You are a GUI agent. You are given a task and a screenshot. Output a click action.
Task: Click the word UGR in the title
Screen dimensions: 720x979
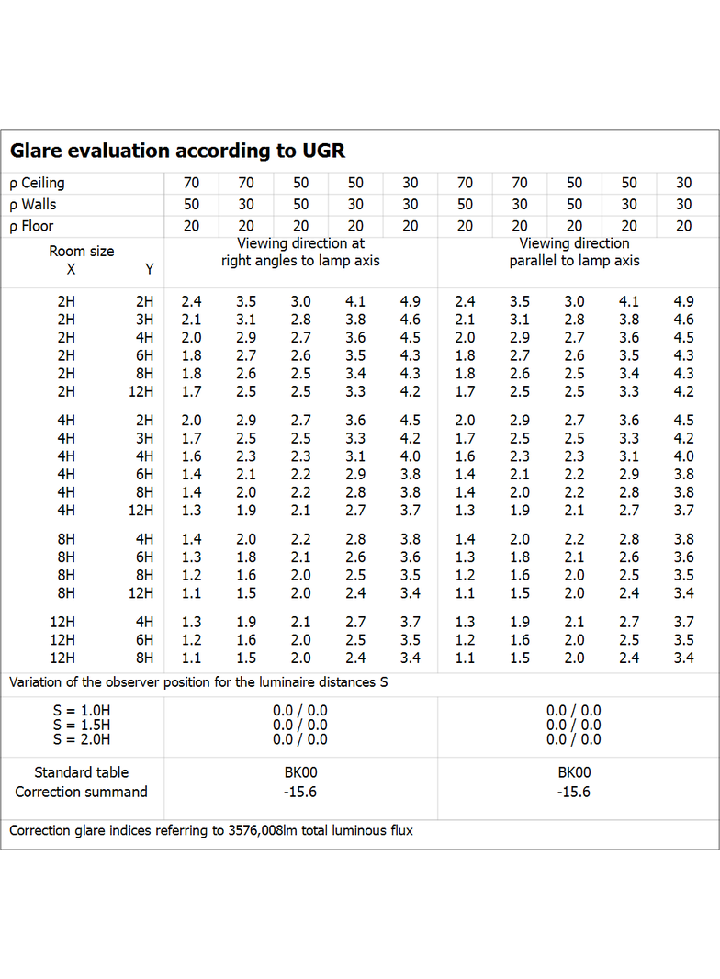(x=323, y=151)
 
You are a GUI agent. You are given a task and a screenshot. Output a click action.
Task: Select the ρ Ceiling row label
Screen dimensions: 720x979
(x=37, y=183)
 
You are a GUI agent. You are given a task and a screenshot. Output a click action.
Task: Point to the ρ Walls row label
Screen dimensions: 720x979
(x=32, y=204)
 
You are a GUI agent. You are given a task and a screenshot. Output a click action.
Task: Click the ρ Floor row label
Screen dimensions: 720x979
(x=31, y=226)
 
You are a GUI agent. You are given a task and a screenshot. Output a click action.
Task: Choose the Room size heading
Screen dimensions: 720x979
(x=82, y=251)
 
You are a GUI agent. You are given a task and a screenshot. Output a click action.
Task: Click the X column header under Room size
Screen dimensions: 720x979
(x=71, y=269)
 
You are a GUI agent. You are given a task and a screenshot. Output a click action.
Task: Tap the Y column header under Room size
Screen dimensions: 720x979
(x=150, y=269)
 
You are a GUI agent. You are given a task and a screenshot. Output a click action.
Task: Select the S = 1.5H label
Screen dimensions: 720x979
(x=82, y=725)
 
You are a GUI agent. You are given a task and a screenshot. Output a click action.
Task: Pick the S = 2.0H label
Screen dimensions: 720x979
(x=82, y=739)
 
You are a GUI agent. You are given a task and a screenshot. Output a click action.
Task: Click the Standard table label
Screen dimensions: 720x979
(x=81, y=772)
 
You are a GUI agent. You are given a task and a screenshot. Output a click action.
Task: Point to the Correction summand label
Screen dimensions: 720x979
(x=81, y=792)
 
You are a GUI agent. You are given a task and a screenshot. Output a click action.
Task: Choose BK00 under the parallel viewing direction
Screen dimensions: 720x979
(x=574, y=772)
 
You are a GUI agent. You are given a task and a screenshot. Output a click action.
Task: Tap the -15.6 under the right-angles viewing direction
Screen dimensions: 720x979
(x=300, y=792)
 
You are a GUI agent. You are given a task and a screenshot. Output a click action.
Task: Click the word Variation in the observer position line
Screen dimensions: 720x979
(x=36, y=681)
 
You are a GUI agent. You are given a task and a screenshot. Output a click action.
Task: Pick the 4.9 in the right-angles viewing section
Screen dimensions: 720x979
(x=411, y=301)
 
